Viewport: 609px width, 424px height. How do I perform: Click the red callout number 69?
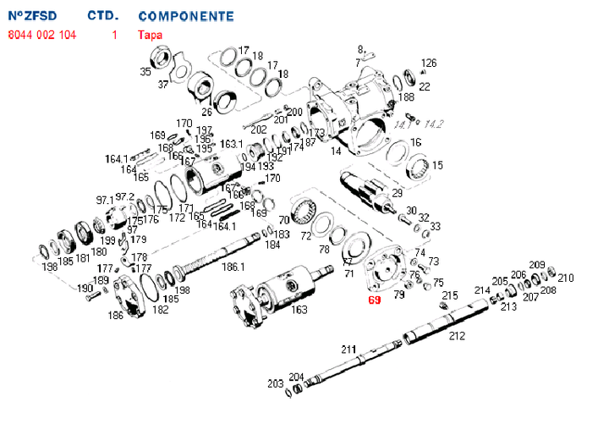click(x=375, y=300)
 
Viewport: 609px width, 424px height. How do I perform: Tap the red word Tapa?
click(x=150, y=35)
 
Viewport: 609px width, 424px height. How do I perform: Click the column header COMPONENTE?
click(x=185, y=16)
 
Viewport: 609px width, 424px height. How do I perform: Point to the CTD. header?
click(x=103, y=16)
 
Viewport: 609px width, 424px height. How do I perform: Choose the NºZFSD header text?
click(x=33, y=16)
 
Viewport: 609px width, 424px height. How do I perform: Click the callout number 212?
click(x=457, y=336)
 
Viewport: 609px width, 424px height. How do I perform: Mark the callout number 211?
click(x=348, y=349)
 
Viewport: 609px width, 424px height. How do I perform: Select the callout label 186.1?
click(x=233, y=267)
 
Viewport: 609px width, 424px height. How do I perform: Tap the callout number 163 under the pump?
click(x=299, y=310)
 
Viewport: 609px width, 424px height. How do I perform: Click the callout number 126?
click(x=429, y=63)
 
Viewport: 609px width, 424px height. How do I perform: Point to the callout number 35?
click(x=145, y=73)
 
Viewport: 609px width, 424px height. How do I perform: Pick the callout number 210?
click(x=566, y=278)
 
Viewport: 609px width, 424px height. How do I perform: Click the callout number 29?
click(x=397, y=194)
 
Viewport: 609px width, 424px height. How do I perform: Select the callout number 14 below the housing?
click(x=336, y=151)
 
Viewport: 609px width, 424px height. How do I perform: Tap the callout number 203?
click(x=276, y=383)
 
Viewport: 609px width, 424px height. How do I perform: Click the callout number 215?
click(x=450, y=295)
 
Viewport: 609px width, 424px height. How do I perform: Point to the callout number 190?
click(x=85, y=289)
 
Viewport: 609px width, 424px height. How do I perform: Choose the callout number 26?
click(x=206, y=112)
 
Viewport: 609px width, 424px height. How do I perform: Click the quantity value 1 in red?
click(x=113, y=35)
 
